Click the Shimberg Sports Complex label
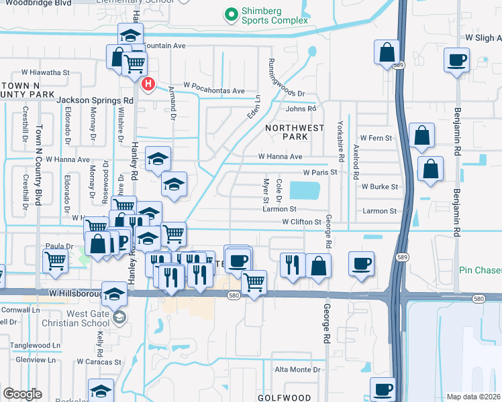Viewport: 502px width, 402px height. coord(271,15)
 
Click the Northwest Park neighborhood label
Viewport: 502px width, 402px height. coord(295,132)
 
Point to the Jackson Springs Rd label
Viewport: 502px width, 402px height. coord(95,100)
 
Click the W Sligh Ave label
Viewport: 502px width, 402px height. coord(479,38)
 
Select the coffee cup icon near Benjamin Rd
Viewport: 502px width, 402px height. coord(456,60)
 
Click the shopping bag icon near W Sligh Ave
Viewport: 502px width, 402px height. coord(387,53)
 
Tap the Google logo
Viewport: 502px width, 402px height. coord(22,393)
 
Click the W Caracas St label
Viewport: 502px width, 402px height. coord(99,362)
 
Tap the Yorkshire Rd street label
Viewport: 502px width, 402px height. coord(341,135)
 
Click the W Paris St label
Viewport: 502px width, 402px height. coord(319,172)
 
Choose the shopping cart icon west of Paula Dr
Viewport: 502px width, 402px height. coord(54,261)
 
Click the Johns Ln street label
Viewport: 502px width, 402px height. coord(300,109)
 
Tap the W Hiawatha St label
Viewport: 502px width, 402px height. coord(46,72)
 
